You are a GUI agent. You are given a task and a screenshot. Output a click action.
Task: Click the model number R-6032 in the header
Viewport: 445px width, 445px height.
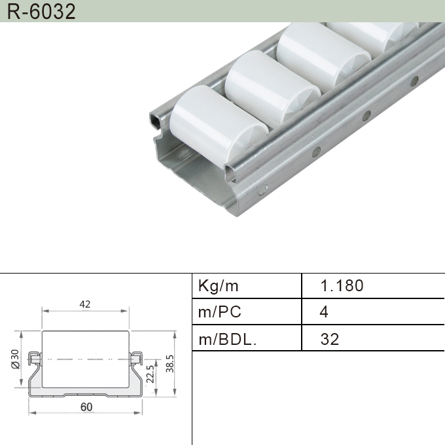click(39, 11)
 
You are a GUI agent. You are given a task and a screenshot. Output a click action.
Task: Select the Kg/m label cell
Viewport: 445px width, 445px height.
click(219, 286)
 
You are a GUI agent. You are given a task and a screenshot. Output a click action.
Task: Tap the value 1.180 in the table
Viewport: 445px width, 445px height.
click(342, 286)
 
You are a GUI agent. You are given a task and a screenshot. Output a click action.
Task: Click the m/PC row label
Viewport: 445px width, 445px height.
click(220, 312)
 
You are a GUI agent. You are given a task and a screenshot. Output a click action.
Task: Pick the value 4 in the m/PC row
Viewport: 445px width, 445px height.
click(324, 312)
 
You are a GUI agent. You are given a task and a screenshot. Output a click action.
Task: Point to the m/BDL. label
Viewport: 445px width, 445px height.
click(227, 339)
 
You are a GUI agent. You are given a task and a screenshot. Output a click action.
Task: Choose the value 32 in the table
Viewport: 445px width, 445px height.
click(330, 339)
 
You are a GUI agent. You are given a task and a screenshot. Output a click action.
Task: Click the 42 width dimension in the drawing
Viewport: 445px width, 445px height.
click(85, 304)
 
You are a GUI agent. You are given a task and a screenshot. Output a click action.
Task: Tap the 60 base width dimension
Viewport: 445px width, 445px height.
click(86, 407)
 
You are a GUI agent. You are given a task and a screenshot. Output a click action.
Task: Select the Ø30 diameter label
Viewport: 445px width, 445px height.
click(15, 359)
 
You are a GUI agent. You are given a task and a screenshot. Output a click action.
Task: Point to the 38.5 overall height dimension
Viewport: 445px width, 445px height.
click(169, 364)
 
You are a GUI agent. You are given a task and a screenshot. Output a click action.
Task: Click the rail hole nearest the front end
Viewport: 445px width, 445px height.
click(263, 192)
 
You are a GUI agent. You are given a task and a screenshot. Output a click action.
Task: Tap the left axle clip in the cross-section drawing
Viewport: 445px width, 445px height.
click(37, 358)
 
